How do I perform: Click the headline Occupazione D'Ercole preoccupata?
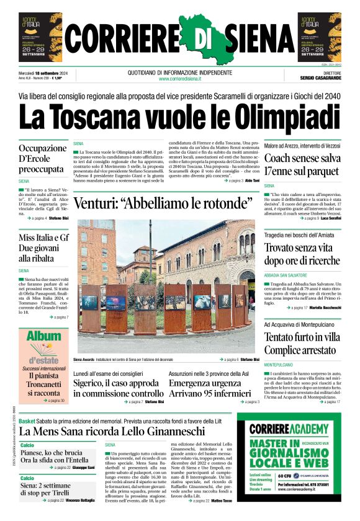(42, 159)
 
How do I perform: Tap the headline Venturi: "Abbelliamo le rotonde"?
(163, 203)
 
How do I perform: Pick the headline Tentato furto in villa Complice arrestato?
(302, 343)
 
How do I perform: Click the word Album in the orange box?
(43, 338)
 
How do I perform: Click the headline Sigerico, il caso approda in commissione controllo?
(118, 388)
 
